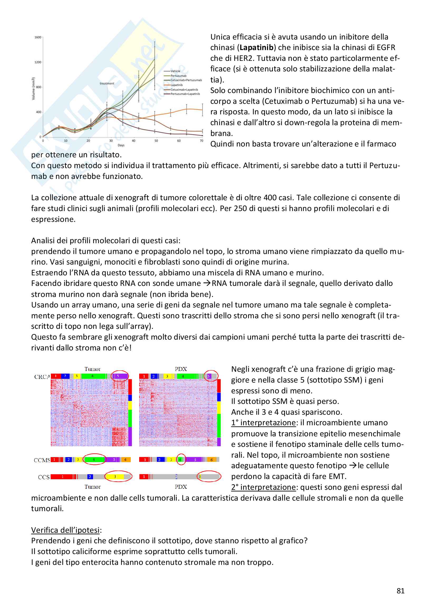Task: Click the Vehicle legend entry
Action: pyautogui.click(x=175, y=71)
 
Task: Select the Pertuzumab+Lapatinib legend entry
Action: pyautogui.click(x=185, y=94)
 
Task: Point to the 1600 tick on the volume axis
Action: pyautogui.click(x=38, y=37)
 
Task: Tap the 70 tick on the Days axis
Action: pyautogui.click(x=201, y=141)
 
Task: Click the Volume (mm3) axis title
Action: pyautogui.click(x=33, y=89)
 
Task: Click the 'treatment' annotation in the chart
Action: pyautogui.click(x=107, y=84)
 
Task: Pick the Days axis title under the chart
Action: pyautogui.click(x=121, y=145)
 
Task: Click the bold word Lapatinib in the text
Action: pyautogui.click(x=256, y=47)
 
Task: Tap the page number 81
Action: pyautogui.click(x=400, y=591)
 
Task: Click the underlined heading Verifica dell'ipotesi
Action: pyautogui.click(x=66, y=530)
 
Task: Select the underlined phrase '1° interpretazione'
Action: pyautogui.click(x=263, y=423)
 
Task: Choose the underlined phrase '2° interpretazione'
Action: pyautogui.click(x=263, y=487)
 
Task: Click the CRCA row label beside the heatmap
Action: pyautogui.click(x=42, y=377)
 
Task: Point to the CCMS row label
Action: pyautogui.click(x=42, y=460)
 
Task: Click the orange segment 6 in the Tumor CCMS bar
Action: pyautogui.click(x=125, y=460)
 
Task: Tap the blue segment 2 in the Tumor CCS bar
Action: pyautogui.click(x=90, y=477)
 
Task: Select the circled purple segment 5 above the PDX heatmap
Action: pyautogui.click(x=209, y=376)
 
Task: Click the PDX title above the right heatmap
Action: pyautogui.click(x=181, y=369)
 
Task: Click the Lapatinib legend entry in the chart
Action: pyautogui.click(x=176, y=85)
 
